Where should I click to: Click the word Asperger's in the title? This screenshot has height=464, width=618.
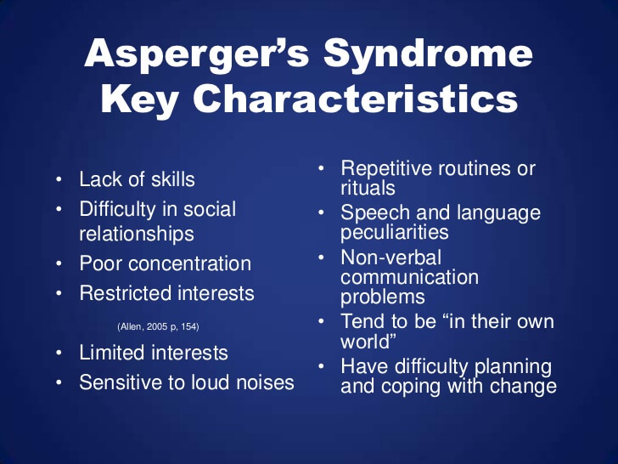(196, 54)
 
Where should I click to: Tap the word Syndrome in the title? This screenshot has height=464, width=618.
(428, 54)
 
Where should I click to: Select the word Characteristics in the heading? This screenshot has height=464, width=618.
(355, 99)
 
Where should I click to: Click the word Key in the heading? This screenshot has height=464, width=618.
(138, 100)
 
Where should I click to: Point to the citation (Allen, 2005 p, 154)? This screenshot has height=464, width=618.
(158, 326)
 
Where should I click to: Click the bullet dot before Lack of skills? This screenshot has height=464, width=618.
(59, 179)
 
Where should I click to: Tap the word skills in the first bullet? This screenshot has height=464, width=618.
(172, 179)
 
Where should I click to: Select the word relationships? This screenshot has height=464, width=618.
(137, 234)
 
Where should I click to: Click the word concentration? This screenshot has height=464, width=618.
(189, 263)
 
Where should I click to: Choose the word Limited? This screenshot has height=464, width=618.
(111, 353)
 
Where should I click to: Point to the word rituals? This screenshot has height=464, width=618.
(368, 188)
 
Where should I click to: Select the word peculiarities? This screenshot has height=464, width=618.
(395, 232)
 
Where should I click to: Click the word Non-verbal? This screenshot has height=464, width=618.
(391, 258)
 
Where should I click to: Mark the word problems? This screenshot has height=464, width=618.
(383, 297)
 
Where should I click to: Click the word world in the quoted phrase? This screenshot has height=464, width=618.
(365, 342)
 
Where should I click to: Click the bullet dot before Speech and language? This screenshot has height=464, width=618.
(321, 212)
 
